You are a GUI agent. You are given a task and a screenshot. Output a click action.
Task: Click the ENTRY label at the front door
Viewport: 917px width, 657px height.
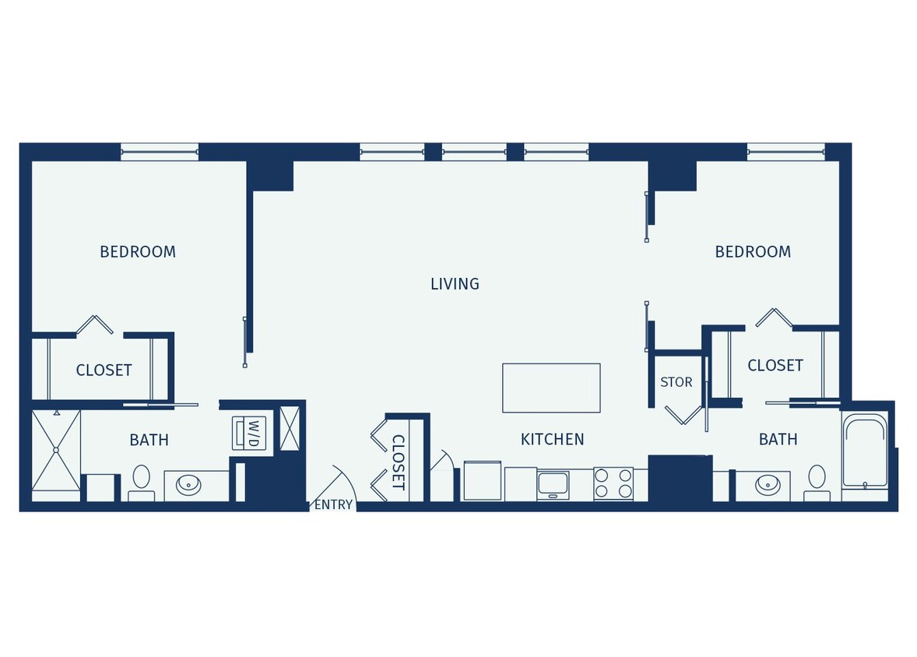[x=333, y=504]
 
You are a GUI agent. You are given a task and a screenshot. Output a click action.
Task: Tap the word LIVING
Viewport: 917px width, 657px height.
[x=455, y=284]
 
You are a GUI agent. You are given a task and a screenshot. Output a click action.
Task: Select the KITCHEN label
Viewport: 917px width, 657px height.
[x=552, y=440]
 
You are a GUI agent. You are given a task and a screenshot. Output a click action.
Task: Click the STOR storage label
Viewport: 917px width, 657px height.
[x=676, y=382]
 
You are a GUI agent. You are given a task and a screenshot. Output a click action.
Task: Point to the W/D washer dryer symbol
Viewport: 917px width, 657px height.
[x=250, y=432]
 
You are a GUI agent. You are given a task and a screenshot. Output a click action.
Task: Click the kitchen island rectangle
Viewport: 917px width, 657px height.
[x=551, y=388]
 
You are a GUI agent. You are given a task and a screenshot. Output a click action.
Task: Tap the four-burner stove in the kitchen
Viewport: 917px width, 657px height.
[x=613, y=483]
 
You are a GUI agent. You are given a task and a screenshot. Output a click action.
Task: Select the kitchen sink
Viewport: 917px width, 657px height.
[x=553, y=484]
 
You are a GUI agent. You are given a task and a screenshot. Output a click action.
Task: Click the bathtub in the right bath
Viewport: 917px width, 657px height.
[x=865, y=451]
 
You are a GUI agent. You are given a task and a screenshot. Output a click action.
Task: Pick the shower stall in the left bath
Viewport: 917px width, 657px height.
[x=56, y=450]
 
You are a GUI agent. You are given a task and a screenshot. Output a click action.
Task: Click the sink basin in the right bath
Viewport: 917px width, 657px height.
[x=768, y=485]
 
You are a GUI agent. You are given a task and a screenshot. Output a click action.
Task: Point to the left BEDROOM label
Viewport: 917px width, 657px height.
[x=138, y=252]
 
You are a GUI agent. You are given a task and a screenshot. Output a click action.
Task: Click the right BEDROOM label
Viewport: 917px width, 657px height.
[x=753, y=252]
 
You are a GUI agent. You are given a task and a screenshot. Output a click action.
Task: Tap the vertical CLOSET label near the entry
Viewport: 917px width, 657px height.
[x=397, y=462]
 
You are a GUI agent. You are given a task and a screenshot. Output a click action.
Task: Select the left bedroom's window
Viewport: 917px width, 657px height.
[x=160, y=152]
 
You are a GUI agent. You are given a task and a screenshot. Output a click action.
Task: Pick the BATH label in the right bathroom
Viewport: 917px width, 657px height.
[x=778, y=440]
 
